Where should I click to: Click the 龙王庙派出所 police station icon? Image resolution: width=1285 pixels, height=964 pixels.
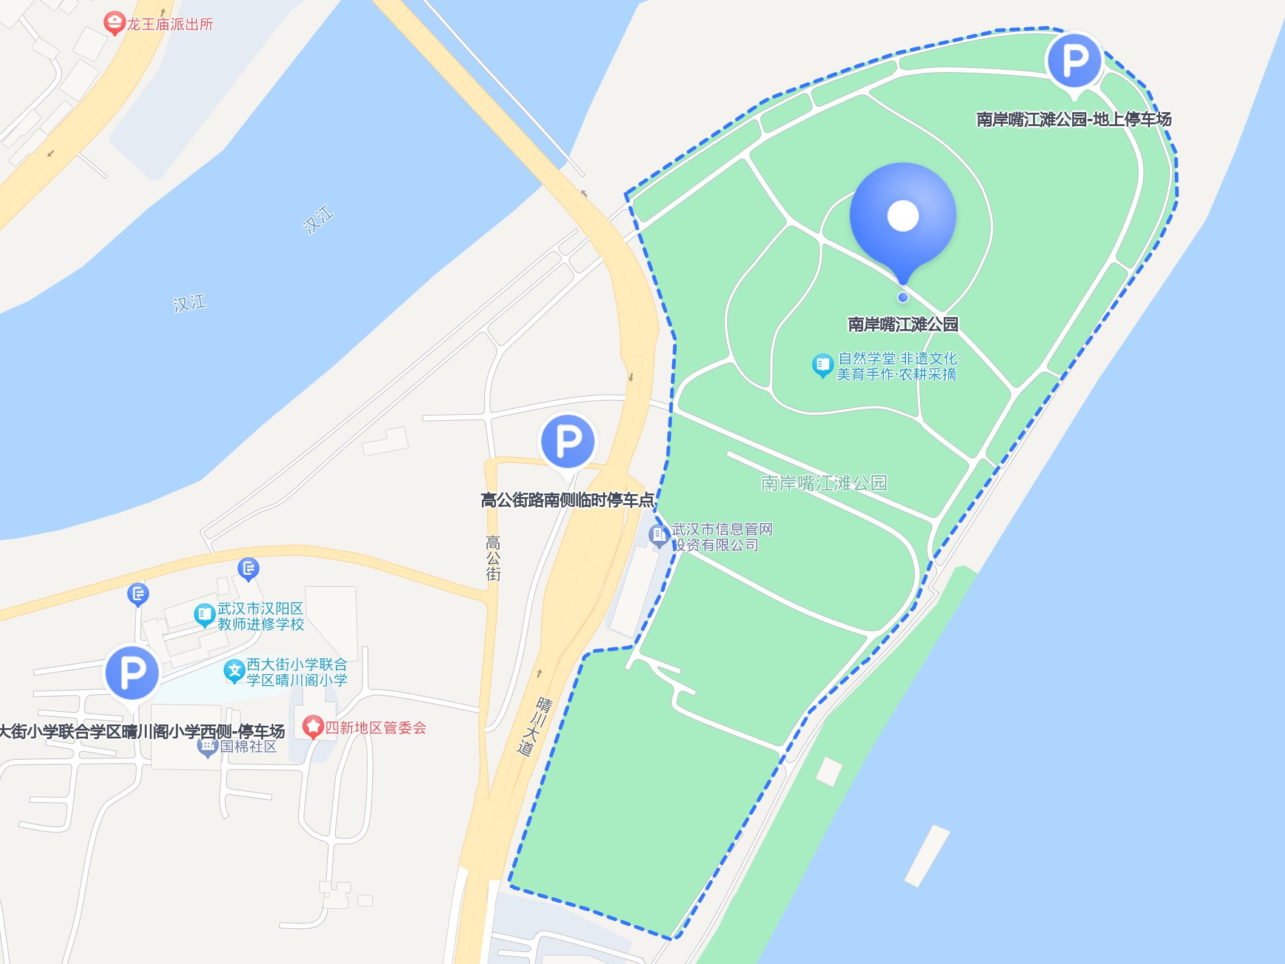click(114, 24)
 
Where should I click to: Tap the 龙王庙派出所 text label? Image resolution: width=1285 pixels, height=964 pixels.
click(170, 24)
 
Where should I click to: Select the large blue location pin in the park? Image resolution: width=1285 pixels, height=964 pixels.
click(903, 216)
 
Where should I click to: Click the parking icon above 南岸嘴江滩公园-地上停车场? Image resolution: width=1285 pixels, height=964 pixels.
click(1073, 60)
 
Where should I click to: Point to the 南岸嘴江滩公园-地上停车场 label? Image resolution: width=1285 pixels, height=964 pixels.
click(1073, 119)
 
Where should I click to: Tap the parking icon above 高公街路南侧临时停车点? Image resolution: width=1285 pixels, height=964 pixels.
click(568, 441)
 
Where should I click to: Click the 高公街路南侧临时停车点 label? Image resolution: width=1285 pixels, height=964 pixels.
click(567, 500)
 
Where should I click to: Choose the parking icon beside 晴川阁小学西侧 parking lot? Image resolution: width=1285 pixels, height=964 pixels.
click(132, 672)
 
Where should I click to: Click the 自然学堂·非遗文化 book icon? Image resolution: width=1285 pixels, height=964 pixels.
click(823, 365)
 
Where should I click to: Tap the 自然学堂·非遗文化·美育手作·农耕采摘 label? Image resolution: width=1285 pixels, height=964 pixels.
click(898, 366)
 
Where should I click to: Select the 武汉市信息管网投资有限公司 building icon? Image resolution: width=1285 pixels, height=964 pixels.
click(658, 535)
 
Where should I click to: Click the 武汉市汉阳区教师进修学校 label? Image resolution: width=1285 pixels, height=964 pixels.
click(261, 616)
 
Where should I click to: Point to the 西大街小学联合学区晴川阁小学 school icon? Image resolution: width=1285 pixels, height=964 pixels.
click(234, 671)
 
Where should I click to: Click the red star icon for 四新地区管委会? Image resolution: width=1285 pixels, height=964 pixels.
click(313, 726)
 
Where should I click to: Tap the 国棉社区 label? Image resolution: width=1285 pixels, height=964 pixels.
click(248, 746)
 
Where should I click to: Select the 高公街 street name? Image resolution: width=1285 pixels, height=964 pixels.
click(493, 558)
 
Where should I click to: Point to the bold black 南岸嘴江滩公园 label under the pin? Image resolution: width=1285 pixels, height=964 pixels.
click(903, 324)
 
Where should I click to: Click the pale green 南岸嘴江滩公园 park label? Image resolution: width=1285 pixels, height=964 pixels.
click(824, 483)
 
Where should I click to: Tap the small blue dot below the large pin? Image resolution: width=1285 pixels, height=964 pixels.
click(903, 297)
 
